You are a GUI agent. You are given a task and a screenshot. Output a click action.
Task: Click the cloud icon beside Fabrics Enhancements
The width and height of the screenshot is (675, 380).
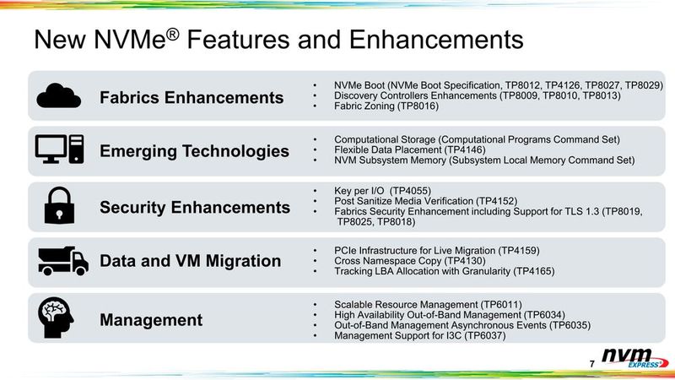(60, 95)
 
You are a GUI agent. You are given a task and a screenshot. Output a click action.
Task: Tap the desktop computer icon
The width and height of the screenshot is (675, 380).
(60, 150)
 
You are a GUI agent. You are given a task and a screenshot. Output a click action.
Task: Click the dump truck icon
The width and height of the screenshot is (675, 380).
(62, 261)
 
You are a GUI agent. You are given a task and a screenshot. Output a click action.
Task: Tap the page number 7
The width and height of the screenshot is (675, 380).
(592, 363)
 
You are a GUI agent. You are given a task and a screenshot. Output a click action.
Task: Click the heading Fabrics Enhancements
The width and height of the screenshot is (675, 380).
(192, 97)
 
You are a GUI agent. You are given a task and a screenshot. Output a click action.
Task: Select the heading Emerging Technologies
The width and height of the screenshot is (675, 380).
(194, 152)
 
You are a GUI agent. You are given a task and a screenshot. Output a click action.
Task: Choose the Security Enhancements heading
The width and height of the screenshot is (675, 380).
(195, 208)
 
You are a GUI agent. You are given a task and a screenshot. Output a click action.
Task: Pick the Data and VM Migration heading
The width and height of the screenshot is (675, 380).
(190, 262)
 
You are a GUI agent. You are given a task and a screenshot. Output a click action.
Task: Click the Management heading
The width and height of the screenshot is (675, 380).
(151, 319)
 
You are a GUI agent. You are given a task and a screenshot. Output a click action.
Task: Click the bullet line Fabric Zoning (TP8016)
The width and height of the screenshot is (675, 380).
(386, 107)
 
